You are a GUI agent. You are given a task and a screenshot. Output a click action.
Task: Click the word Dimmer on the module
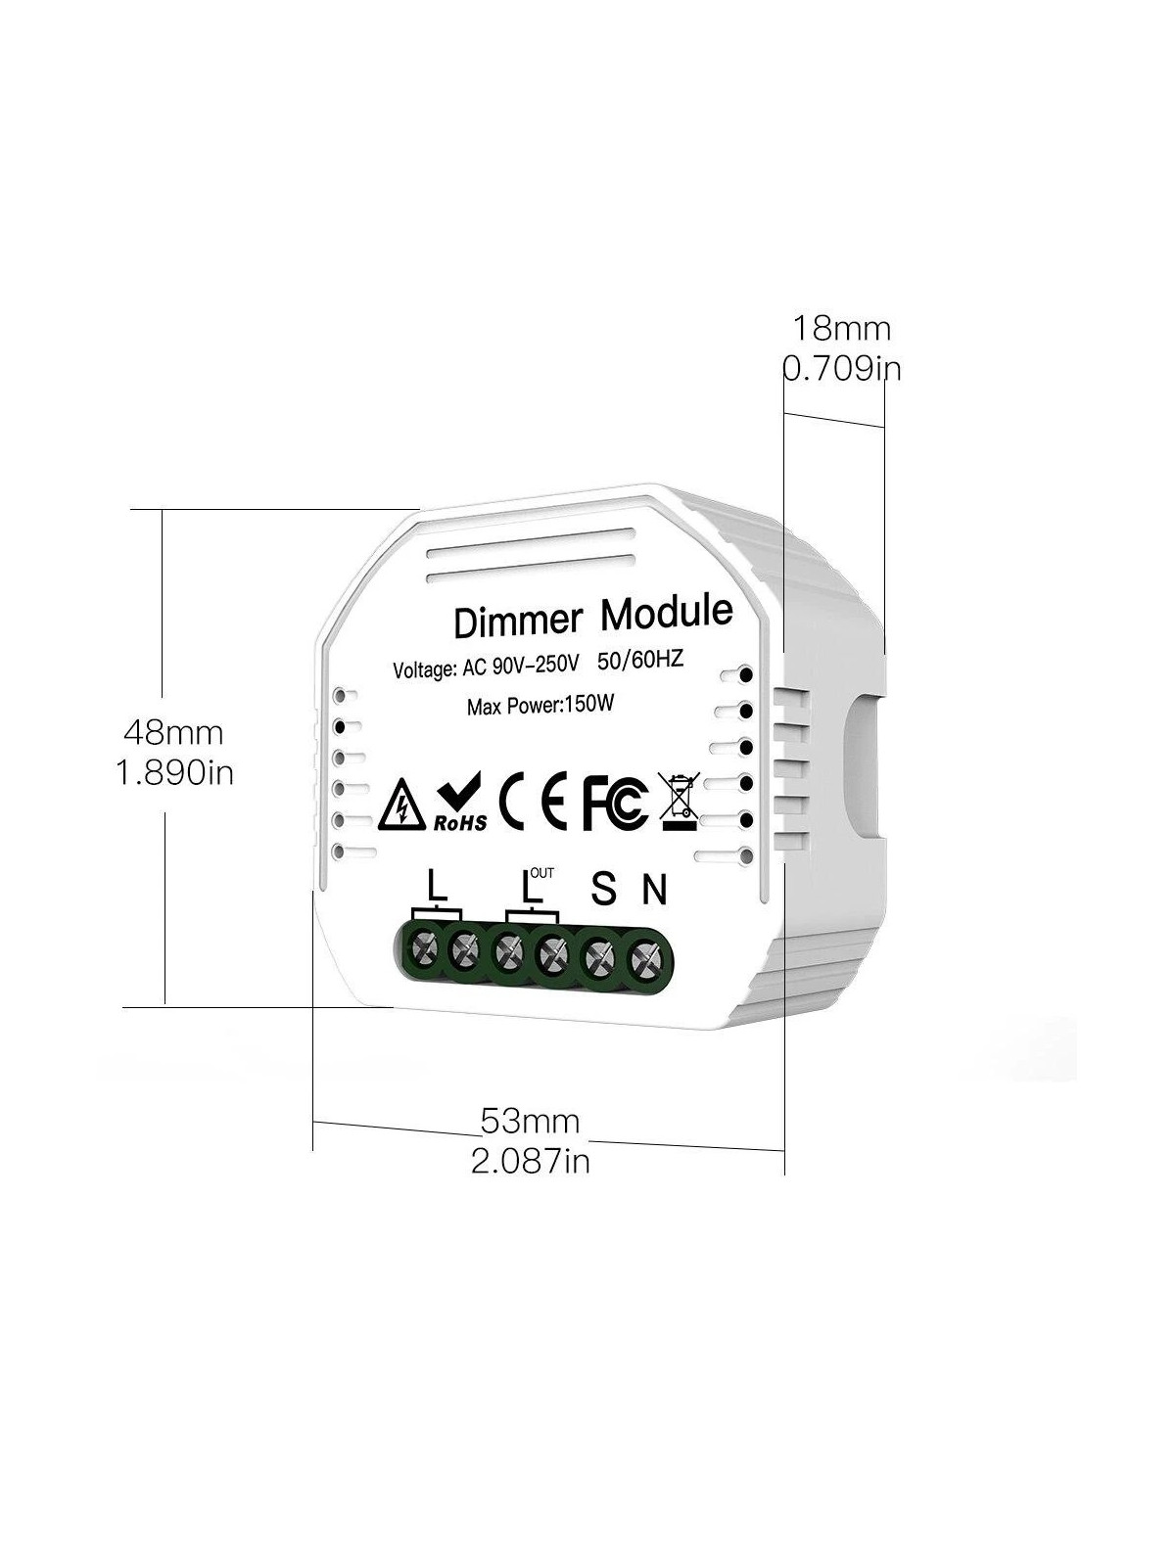[x=518, y=621]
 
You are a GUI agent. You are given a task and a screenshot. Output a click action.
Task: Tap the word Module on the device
[x=667, y=612]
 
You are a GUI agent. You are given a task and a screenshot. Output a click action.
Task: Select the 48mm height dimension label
[x=173, y=732]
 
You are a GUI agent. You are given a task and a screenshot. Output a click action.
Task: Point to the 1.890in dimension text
[x=175, y=772]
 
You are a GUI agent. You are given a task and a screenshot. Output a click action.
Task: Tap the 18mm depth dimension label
[x=842, y=329]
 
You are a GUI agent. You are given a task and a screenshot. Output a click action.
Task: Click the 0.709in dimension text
[x=842, y=369]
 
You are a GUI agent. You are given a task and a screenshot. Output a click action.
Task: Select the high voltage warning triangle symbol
[x=403, y=809]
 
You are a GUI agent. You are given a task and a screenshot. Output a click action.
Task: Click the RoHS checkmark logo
[x=461, y=802]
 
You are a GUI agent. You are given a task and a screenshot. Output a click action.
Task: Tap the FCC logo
[x=615, y=802]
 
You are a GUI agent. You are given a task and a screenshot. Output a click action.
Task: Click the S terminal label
[x=603, y=889]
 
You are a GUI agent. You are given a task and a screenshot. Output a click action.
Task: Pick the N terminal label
[x=654, y=890]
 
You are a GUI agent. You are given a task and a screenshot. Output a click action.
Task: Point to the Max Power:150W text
[x=540, y=706]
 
